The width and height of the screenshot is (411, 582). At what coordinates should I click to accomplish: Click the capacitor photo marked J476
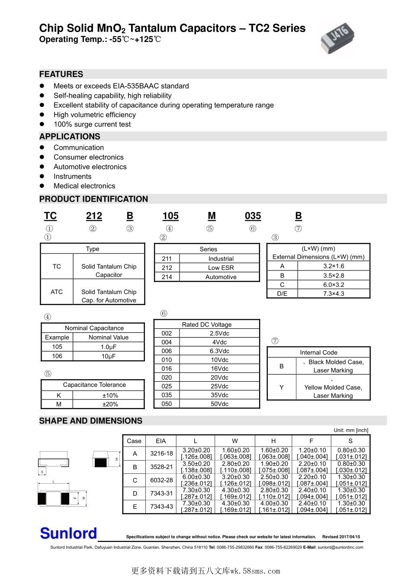coord(337,38)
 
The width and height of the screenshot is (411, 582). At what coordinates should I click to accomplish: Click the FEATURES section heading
coord(61,74)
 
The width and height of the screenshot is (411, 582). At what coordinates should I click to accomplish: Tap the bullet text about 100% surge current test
coord(92,124)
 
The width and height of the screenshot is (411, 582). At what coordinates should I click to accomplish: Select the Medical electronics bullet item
coord(84,186)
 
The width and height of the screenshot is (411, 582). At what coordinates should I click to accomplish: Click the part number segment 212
coord(94,216)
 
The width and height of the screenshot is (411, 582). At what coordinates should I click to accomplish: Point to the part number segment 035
coord(253,216)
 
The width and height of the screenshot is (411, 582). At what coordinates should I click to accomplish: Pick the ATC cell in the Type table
coord(57,292)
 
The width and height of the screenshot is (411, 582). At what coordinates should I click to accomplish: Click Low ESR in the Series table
coord(221,268)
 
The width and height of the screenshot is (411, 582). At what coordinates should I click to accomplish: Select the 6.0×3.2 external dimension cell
coord(334,285)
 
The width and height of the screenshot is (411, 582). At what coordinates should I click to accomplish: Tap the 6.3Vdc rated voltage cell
coord(219,351)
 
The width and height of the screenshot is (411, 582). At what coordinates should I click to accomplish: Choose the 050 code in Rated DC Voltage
coord(167,404)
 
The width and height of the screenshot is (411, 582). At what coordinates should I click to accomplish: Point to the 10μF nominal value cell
coord(108,356)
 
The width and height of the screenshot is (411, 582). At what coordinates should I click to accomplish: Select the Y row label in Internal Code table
coord(282,387)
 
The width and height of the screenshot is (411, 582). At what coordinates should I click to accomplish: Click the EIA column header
coord(161,441)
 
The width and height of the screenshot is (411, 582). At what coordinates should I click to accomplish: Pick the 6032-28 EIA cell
coord(161,480)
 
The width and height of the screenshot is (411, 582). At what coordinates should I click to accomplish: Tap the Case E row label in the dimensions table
coord(135,507)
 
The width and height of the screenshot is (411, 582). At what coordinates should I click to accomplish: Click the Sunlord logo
coord(68,534)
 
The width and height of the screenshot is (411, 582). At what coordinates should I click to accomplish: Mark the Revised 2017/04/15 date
coord(341,537)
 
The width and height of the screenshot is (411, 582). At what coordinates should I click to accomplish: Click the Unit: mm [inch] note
coord(351,430)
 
